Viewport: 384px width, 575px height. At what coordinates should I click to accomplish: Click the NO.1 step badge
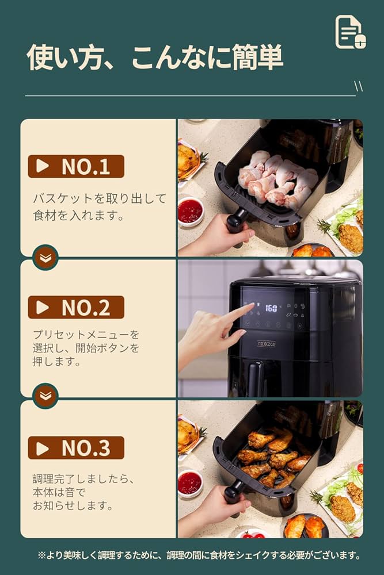tap(76, 166)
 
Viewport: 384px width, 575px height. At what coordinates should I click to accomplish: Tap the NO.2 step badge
tap(76, 307)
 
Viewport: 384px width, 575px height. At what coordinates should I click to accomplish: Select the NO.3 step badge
tap(76, 448)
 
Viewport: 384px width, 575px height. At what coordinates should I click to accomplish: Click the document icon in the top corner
tap(350, 32)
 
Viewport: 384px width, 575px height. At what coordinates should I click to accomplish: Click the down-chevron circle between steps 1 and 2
tap(45, 258)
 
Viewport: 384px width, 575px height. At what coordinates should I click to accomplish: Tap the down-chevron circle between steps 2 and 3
tap(45, 396)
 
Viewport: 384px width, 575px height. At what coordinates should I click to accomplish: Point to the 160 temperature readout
tap(271, 308)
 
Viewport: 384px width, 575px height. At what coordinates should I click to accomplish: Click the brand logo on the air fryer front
tap(266, 344)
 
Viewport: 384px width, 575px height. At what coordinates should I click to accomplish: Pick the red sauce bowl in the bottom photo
tap(189, 483)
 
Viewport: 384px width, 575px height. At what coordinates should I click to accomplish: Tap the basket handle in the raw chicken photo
tap(235, 221)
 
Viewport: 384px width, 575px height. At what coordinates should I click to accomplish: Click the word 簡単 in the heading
tap(257, 57)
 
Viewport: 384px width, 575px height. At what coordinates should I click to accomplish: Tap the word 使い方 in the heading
tap(64, 57)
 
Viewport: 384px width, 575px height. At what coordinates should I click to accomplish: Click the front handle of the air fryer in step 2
tap(256, 379)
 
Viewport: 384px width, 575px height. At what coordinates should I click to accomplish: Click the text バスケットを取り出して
tap(100, 199)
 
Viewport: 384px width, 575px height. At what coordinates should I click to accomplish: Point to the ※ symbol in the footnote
tap(41, 555)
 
